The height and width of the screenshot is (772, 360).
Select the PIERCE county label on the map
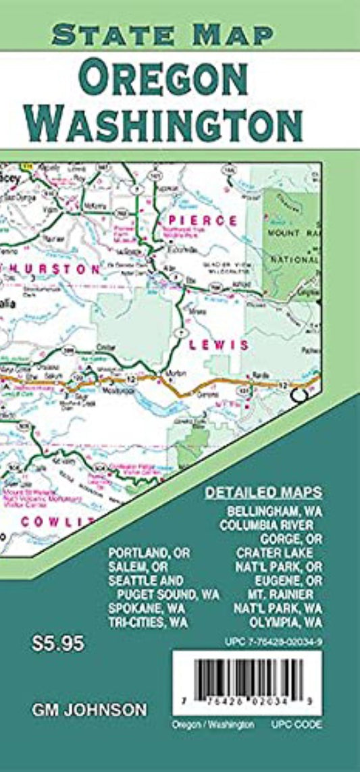[x=203, y=221]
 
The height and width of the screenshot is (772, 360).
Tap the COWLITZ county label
[x=54, y=521]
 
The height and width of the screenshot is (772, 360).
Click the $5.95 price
[x=57, y=644]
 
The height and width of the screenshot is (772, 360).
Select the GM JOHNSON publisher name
[x=88, y=709]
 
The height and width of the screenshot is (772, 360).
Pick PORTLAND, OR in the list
[x=149, y=553]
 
